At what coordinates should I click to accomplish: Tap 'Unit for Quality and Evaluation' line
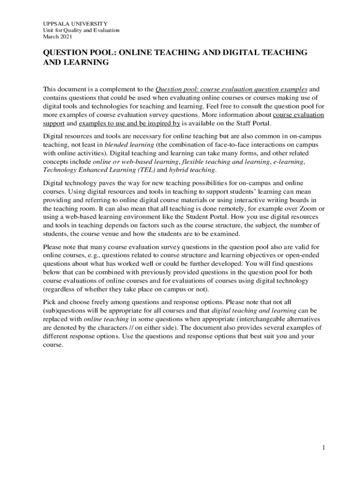(81, 30)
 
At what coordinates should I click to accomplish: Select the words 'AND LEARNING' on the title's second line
(76, 62)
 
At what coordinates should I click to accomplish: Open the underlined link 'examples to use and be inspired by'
(130, 123)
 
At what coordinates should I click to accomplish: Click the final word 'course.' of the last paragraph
(52, 344)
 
